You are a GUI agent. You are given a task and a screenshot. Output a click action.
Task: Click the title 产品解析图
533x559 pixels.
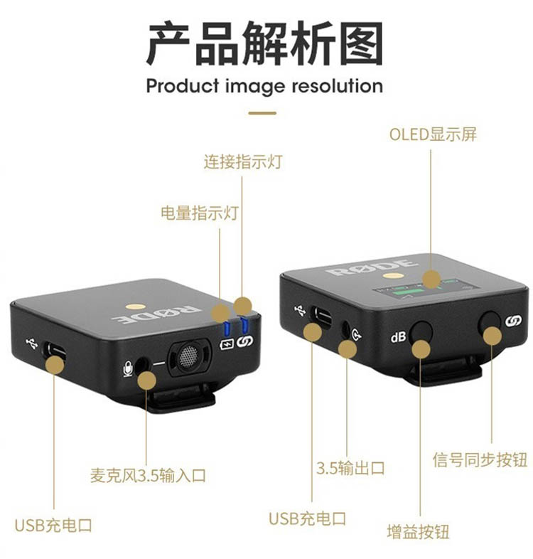click(264, 43)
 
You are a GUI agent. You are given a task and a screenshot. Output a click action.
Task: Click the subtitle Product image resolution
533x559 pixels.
click(264, 86)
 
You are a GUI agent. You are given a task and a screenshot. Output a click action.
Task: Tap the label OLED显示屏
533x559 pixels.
click(433, 134)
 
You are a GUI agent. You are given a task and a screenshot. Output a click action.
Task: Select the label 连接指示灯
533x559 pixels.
click(243, 161)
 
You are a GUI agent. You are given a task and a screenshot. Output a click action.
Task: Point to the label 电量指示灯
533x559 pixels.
click(200, 213)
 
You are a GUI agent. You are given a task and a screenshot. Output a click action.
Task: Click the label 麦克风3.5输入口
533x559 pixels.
click(148, 475)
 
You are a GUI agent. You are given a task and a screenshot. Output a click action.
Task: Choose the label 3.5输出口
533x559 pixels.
click(350, 468)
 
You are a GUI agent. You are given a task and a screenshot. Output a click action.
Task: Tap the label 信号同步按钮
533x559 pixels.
click(480, 459)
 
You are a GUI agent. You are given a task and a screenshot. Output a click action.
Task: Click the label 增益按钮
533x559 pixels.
click(419, 531)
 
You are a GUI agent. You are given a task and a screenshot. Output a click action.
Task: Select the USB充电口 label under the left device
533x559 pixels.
click(53, 526)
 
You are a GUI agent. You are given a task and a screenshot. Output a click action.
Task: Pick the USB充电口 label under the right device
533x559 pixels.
click(307, 518)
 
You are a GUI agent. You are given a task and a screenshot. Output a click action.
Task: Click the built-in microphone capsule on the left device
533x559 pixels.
click(188, 356)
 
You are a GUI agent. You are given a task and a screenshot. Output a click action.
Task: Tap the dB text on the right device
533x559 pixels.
click(398, 336)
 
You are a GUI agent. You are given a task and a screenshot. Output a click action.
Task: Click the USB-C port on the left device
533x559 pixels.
click(55, 351)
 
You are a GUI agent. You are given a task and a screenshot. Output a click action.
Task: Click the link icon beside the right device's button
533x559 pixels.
click(513, 321)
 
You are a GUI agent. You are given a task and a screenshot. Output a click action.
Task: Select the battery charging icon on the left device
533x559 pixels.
click(227, 345)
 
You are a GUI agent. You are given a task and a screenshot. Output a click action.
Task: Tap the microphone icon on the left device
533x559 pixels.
click(128, 369)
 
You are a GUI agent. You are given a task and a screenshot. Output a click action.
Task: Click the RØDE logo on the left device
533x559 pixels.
click(156, 314)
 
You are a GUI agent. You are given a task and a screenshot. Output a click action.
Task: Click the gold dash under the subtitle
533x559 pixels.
click(262, 113)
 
